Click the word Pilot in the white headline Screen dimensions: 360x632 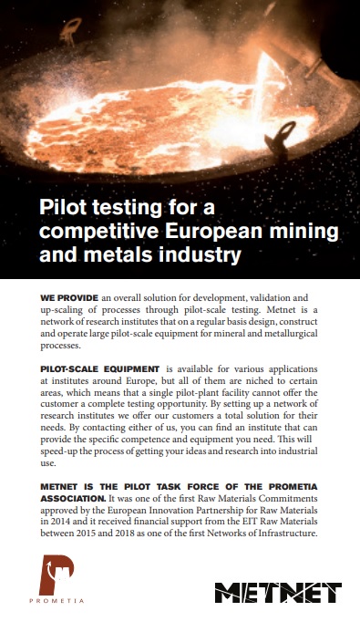click(x=67, y=205)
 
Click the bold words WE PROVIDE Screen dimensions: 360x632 click(x=69, y=298)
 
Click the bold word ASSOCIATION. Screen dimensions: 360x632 click(x=73, y=500)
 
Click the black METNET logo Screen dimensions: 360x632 click(x=277, y=593)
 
